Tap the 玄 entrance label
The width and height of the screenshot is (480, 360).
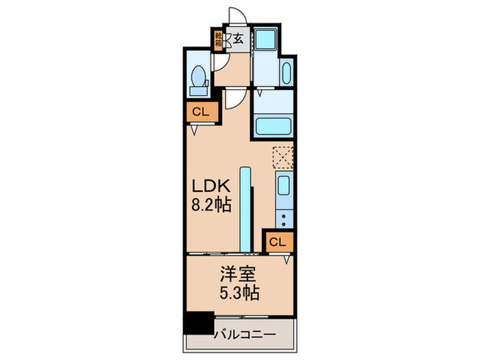(238, 39)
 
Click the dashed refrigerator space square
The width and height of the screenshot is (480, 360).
(283, 157)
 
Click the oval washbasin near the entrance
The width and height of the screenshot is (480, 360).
(285, 73)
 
